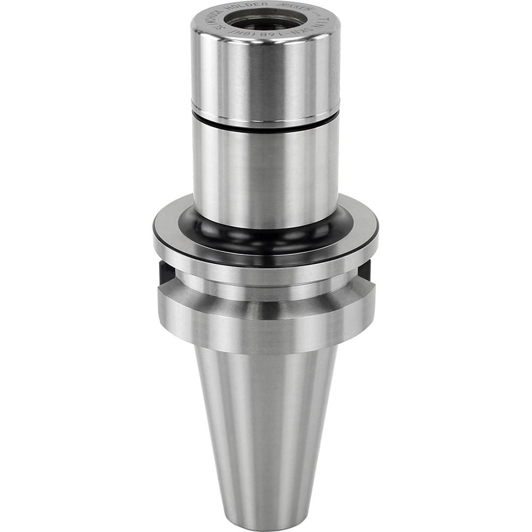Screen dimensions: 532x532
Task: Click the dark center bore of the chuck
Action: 265,21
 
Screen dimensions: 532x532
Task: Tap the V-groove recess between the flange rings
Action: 265,290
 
